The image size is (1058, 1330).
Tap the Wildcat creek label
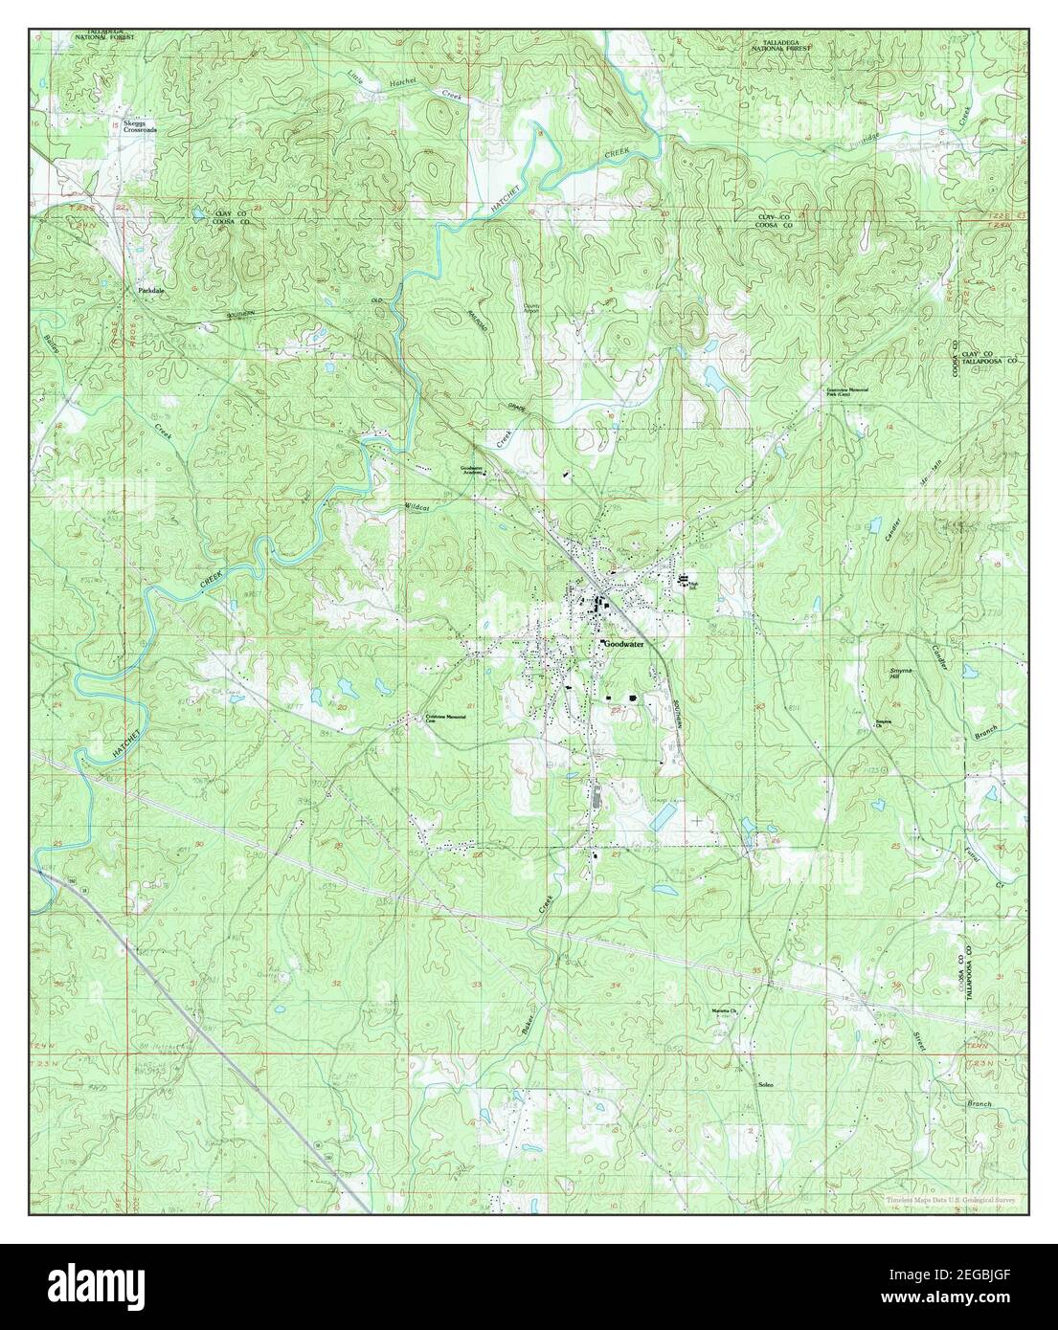click(x=418, y=507)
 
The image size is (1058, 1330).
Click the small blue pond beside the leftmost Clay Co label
click(x=196, y=213)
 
